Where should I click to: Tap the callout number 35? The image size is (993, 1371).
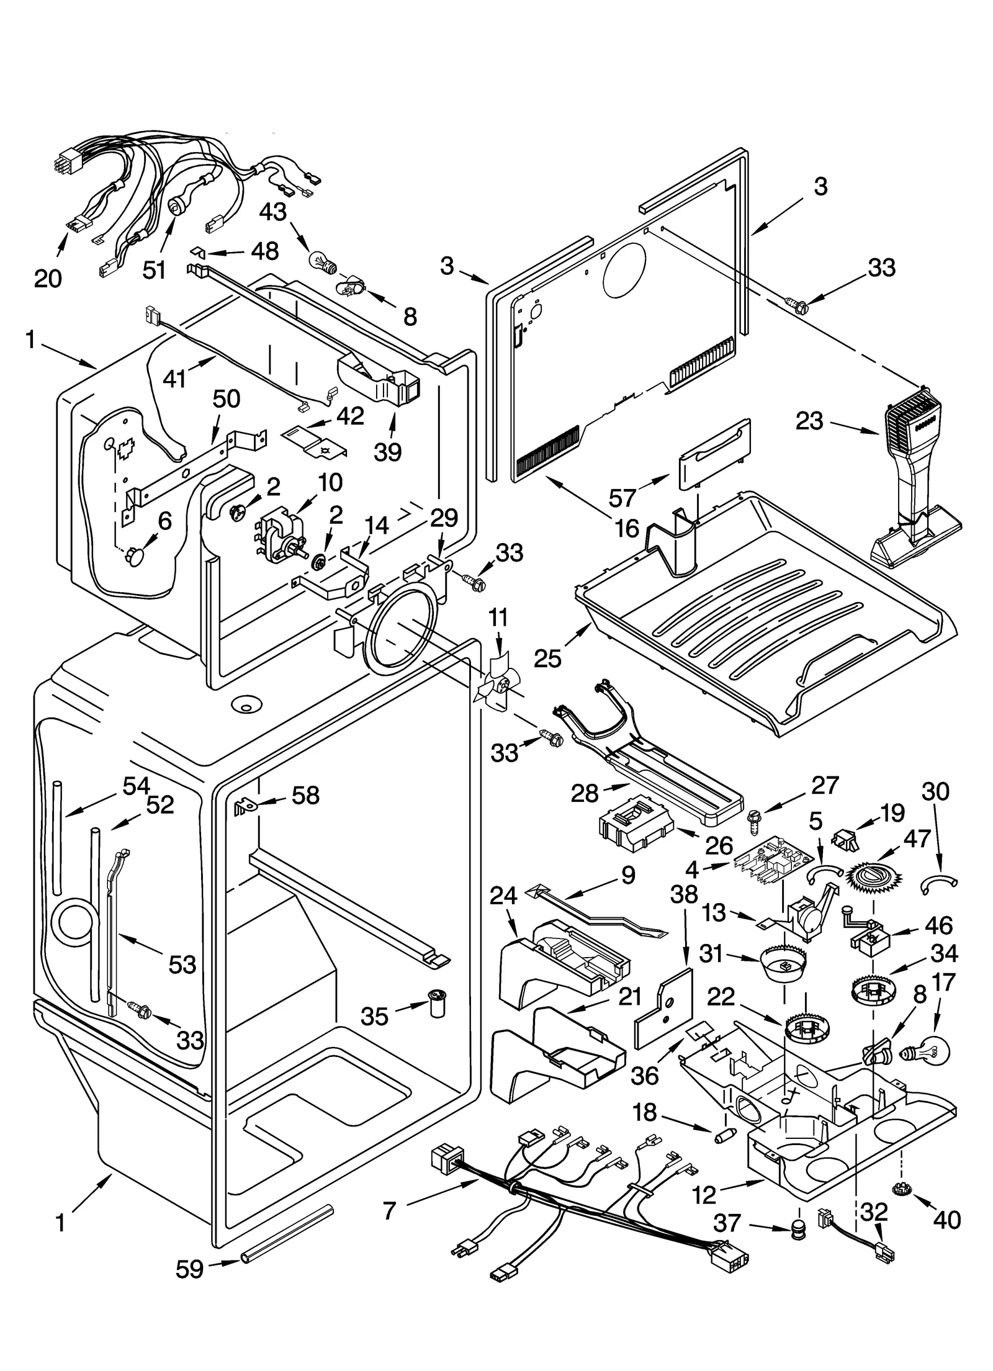click(374, 1017)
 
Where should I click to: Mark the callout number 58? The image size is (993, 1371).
click(305, 795)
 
